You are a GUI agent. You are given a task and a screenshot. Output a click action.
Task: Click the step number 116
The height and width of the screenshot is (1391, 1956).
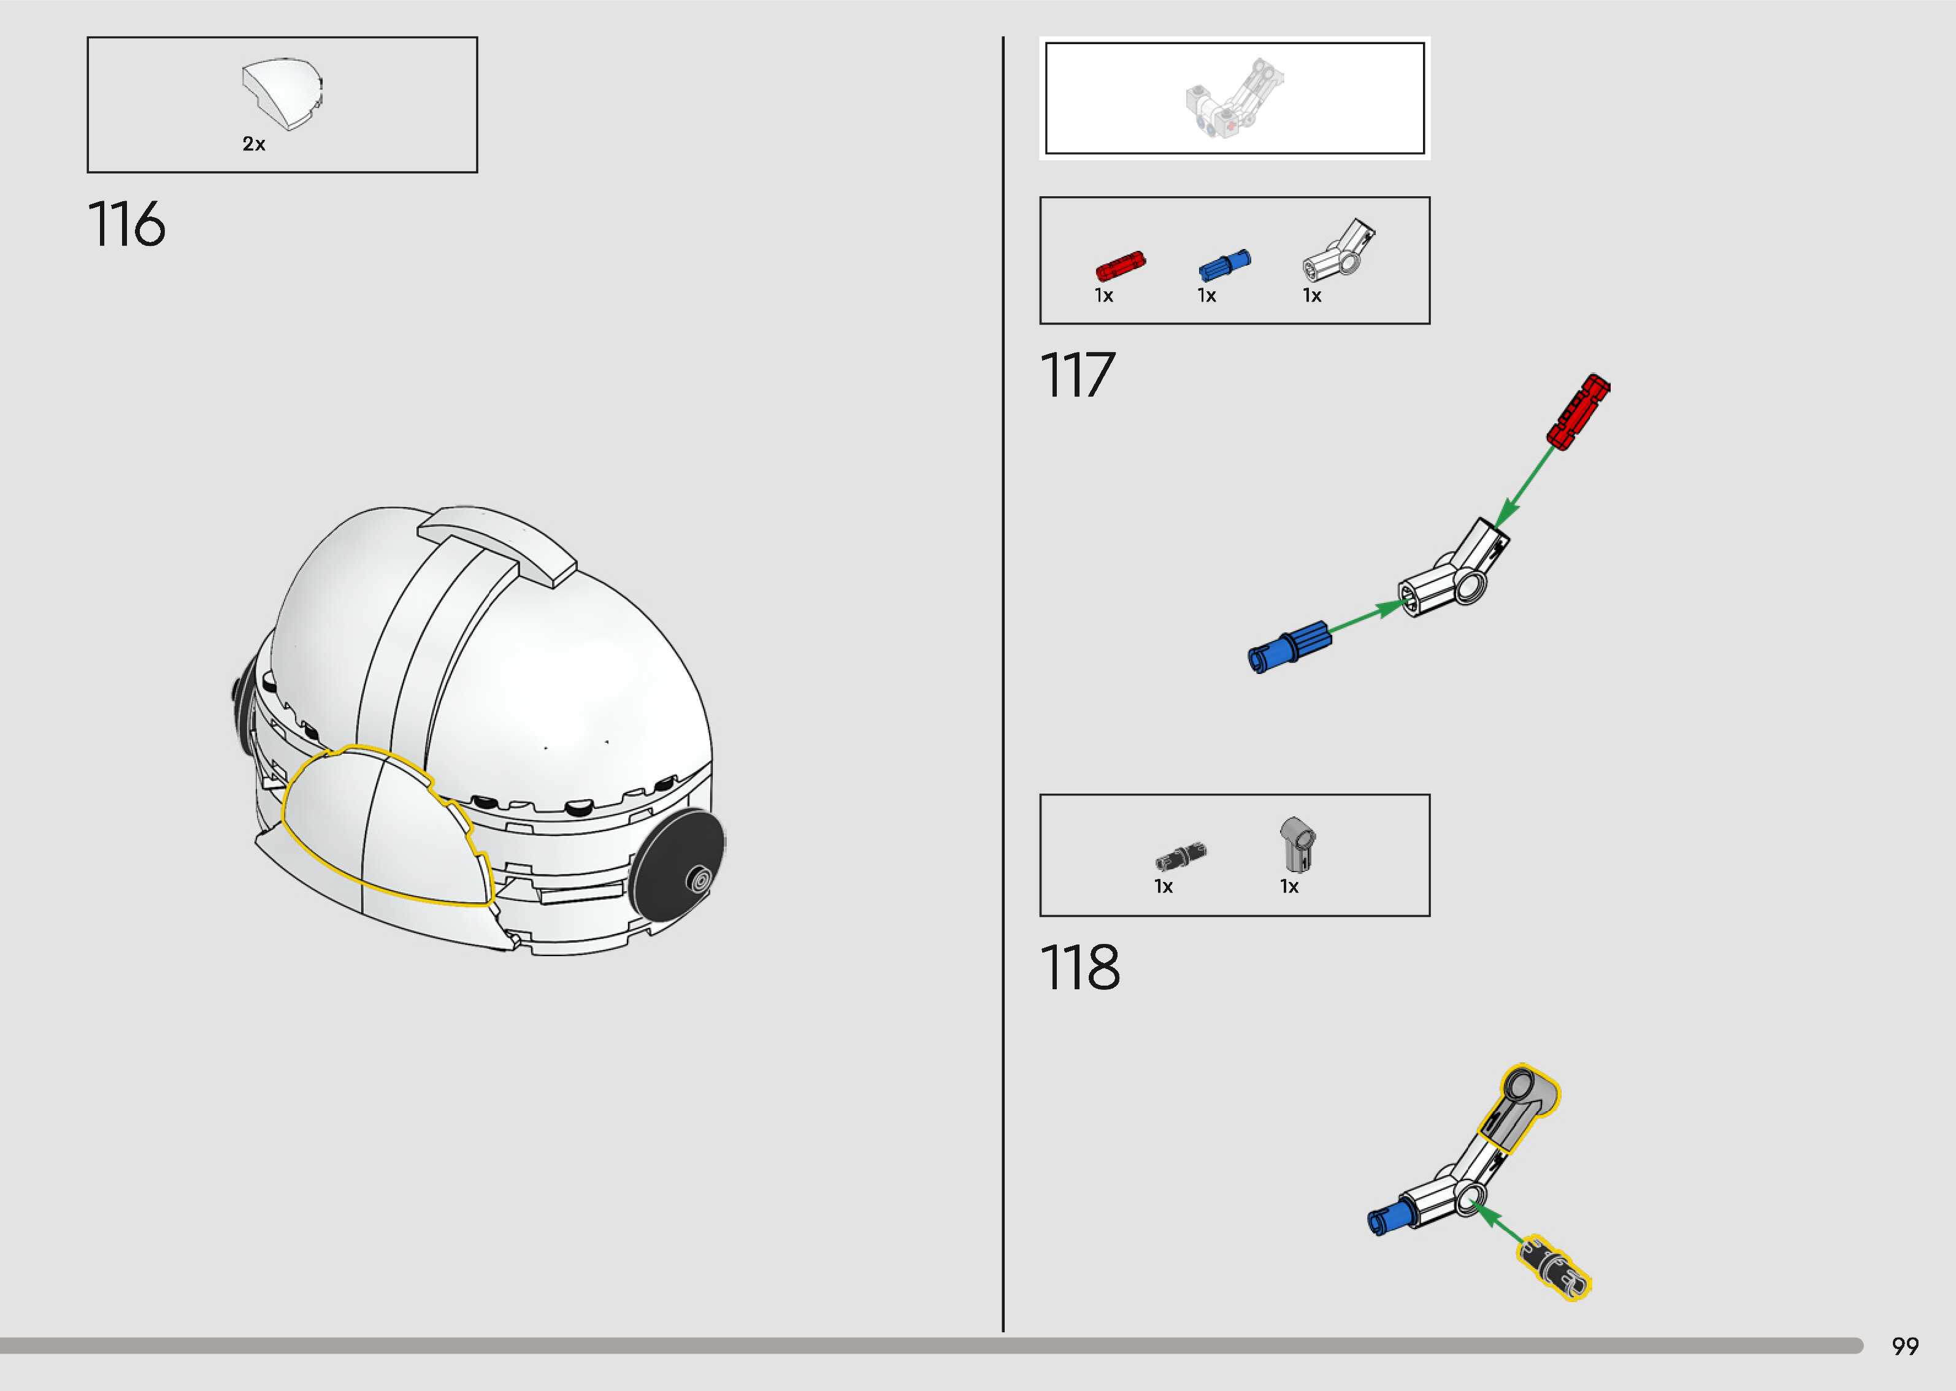(127, 224)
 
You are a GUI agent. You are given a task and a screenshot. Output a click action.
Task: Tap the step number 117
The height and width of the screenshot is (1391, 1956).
(1077, 375)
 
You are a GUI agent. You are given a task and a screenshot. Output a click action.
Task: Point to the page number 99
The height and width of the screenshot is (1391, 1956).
(1904, 1346)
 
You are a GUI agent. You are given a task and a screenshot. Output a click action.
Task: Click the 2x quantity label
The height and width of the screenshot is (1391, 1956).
(253, 144)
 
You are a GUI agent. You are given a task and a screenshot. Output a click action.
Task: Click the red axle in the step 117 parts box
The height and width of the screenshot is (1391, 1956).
(1120, 266)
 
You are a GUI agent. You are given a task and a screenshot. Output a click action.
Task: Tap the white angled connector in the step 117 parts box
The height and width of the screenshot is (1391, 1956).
(1338, 250)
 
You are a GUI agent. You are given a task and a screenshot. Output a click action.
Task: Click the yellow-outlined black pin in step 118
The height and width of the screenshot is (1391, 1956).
(1554, 1268)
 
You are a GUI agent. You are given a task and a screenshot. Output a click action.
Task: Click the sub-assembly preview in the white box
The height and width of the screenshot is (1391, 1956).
(1234, 99)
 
